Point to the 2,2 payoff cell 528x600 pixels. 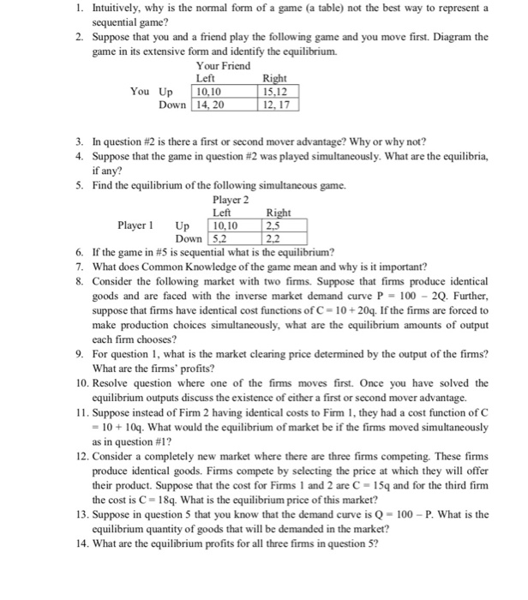(x=276, y=239)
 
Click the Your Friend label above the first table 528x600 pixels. (x=225, y=65)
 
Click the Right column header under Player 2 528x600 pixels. (x=279, y=213)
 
